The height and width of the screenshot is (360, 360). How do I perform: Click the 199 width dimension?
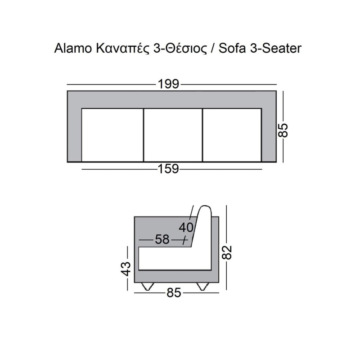click(x=168, y=84)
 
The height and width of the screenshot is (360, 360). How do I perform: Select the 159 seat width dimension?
click(x=168, y=169)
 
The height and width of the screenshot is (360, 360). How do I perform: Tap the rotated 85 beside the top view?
click(x=283, y=130)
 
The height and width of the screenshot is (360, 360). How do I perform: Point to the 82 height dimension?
click(x=228, y=252)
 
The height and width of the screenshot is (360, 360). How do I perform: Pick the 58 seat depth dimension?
click(x=162, y=239)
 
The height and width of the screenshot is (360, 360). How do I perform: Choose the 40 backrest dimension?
click(x=186, y=228)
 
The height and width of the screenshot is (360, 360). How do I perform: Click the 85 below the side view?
click(x=174, y=293)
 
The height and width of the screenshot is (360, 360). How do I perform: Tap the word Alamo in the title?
click(x=73, y=49)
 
